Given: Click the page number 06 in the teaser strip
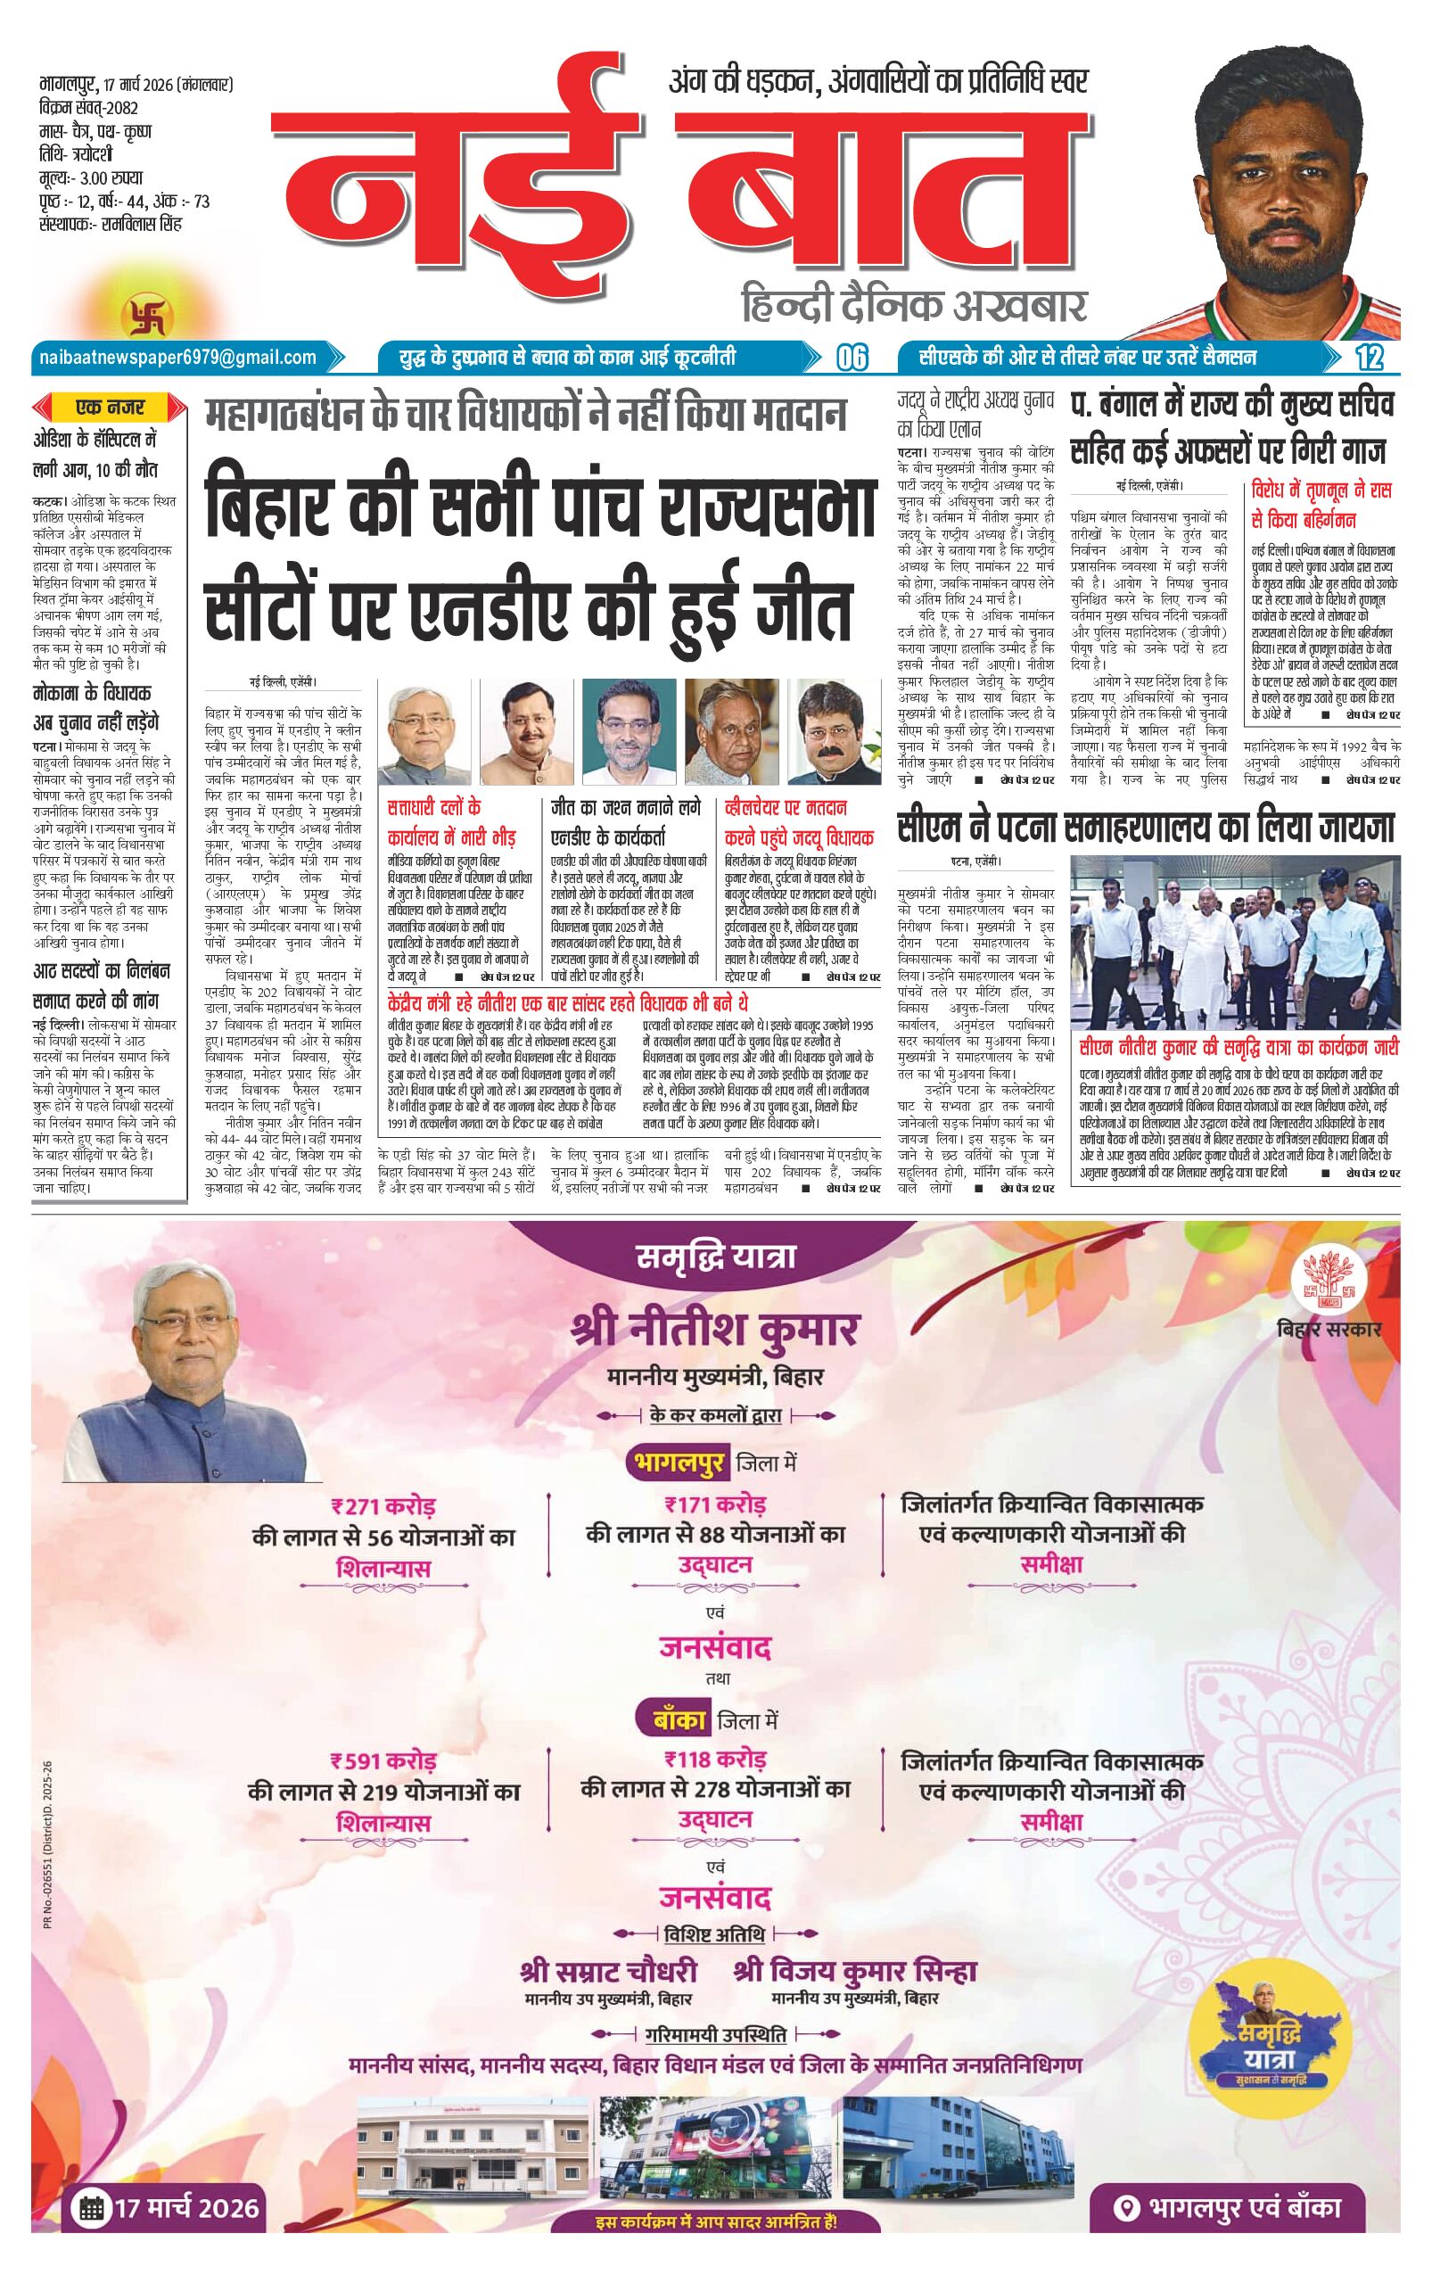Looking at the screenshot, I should pyautogui.click(x=850, y=359).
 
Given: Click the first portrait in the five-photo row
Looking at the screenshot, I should pyautogui.click(x=417, y=728).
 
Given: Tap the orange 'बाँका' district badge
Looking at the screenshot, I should pyautogui.click(x=678, y=1720).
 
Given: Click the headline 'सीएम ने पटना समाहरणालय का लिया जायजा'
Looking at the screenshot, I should pyautogui.click(x=1146, y=829).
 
